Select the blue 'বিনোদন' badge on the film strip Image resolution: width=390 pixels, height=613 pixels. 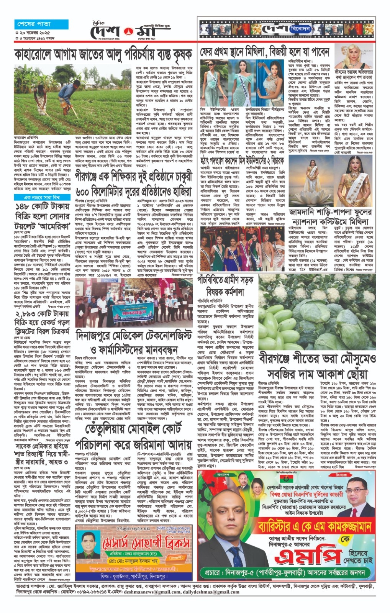[300, 29]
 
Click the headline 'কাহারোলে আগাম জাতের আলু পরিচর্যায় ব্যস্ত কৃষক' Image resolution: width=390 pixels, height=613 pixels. [103, 54]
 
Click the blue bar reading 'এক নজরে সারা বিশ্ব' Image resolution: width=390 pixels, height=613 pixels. [42, 197]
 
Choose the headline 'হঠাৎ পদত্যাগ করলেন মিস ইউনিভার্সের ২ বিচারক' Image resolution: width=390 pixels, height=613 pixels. [243, 160]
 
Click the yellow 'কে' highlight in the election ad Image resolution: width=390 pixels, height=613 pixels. [346, 538]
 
